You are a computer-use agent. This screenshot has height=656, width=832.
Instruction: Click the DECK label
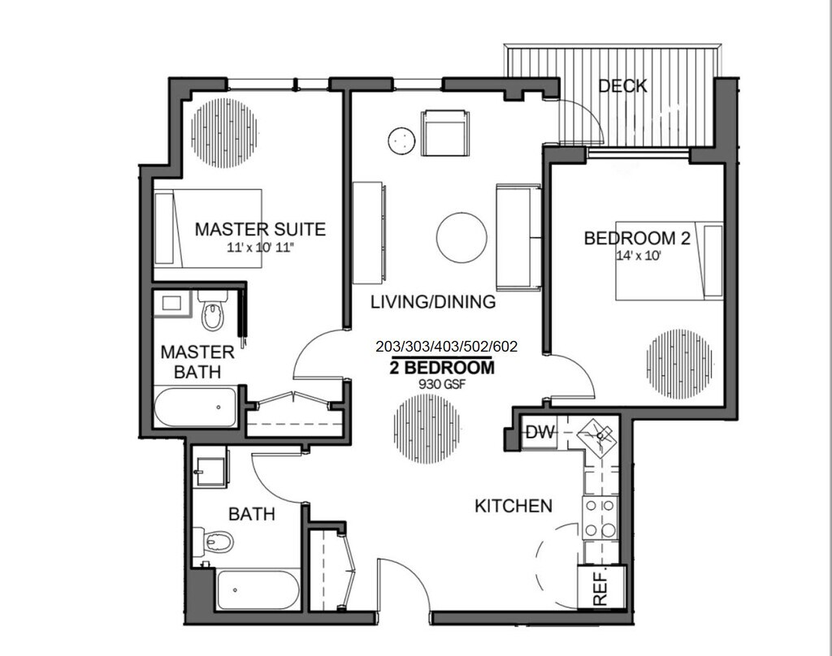tap(623, 86)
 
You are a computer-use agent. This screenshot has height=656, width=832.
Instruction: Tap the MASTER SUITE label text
tap(260, 229)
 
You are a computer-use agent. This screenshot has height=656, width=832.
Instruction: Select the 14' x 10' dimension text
tap(639, 256)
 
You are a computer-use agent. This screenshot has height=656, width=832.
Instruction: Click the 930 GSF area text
tap(442, 385)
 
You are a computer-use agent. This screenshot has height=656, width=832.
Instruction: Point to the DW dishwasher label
tap(540, 432)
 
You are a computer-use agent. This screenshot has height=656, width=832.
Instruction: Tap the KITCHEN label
tap(513, 506)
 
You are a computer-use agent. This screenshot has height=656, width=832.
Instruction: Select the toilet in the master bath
tap(214, 311)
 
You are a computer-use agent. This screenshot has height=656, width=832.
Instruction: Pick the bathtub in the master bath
tap(196, 408)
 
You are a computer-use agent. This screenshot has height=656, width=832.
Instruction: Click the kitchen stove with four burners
tap(600, 518)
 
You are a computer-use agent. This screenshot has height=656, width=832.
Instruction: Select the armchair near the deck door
tap(445, 132)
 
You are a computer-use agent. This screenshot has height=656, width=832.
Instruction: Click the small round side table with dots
tap(401, 141)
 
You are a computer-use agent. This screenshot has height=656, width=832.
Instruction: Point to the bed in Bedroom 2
tap(669, 261)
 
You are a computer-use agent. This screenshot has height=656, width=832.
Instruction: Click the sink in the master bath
tap(171, 304)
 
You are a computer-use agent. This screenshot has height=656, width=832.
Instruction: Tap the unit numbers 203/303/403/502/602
tap(446, 347)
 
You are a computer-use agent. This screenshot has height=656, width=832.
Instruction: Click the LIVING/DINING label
tap(433, 302)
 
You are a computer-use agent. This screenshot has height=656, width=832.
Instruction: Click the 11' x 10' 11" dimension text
tap(260, 247)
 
